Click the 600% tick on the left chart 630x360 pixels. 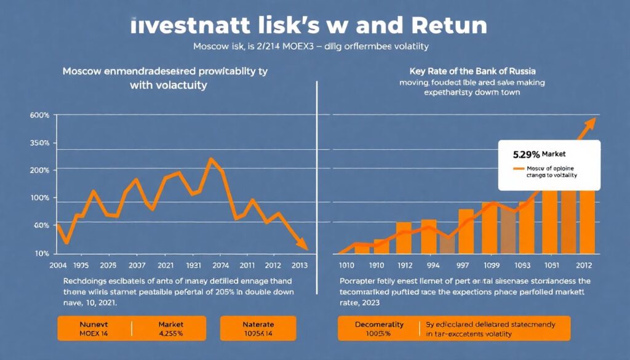[x=40, y=116]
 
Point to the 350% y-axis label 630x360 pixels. [x=40, y=143]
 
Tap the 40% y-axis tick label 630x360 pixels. [x=41, y=226]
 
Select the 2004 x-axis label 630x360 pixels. [x=58, y=265]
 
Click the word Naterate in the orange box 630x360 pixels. [x=258, y=324]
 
